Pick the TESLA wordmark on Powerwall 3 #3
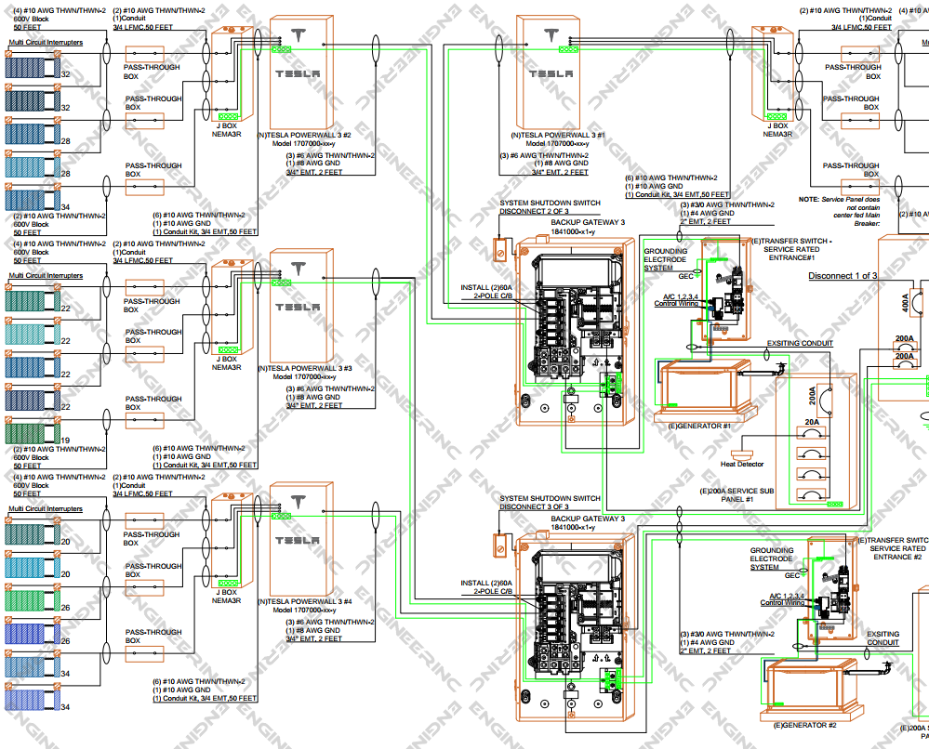298,307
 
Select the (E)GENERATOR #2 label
805,725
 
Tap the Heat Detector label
742,464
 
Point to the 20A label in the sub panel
811,423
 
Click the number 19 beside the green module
66,440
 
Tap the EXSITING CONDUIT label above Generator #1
800,344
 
